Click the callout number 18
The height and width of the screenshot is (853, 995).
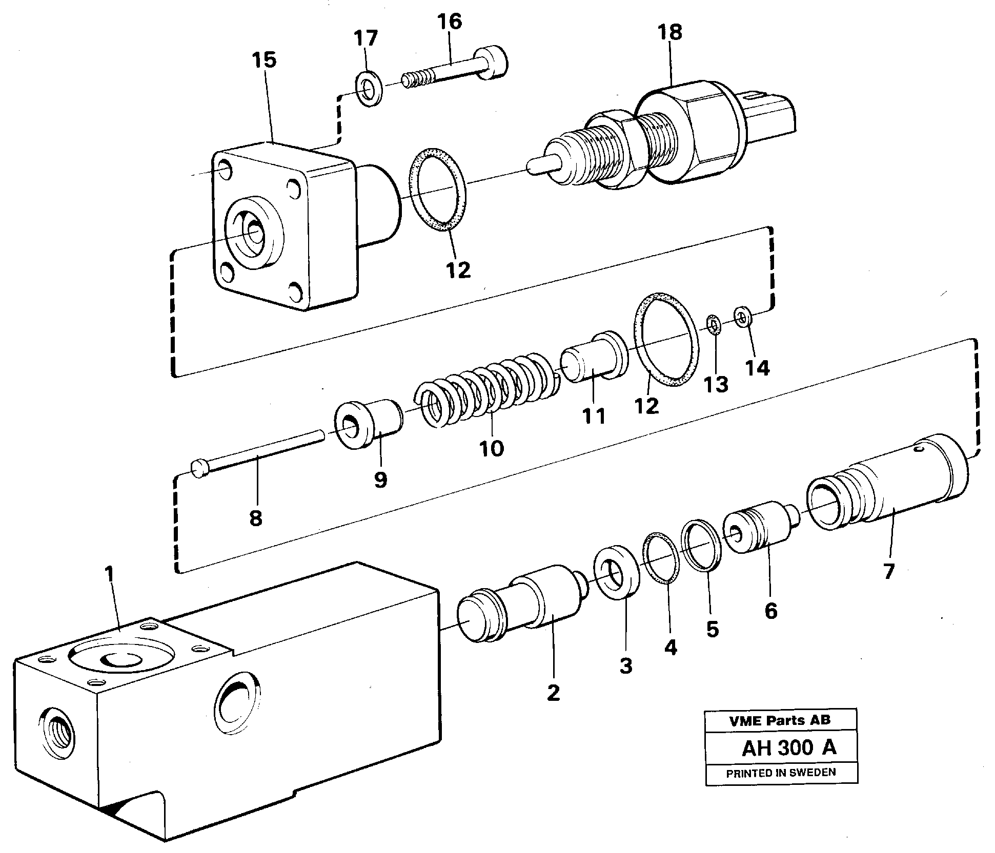[x=669, y=32]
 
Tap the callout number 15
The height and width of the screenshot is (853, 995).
[x=264, y=60]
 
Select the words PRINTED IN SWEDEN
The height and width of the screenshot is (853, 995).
[x=781, y=772]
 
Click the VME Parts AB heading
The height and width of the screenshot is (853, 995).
[x=780, y=720]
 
